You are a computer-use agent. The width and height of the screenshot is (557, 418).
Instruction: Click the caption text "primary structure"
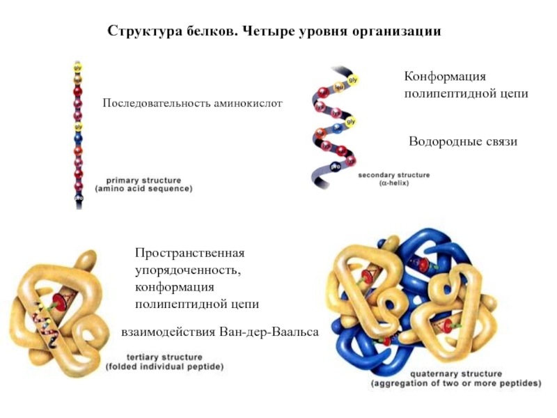coord(143,180)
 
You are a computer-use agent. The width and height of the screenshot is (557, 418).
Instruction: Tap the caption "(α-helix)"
coord(394,183)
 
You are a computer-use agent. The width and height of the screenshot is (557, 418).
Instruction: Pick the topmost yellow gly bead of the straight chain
coord(78,68)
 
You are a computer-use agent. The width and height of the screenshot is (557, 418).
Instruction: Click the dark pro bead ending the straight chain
coord(78,197)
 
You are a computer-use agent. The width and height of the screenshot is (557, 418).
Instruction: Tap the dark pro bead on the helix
coord(336,167)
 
